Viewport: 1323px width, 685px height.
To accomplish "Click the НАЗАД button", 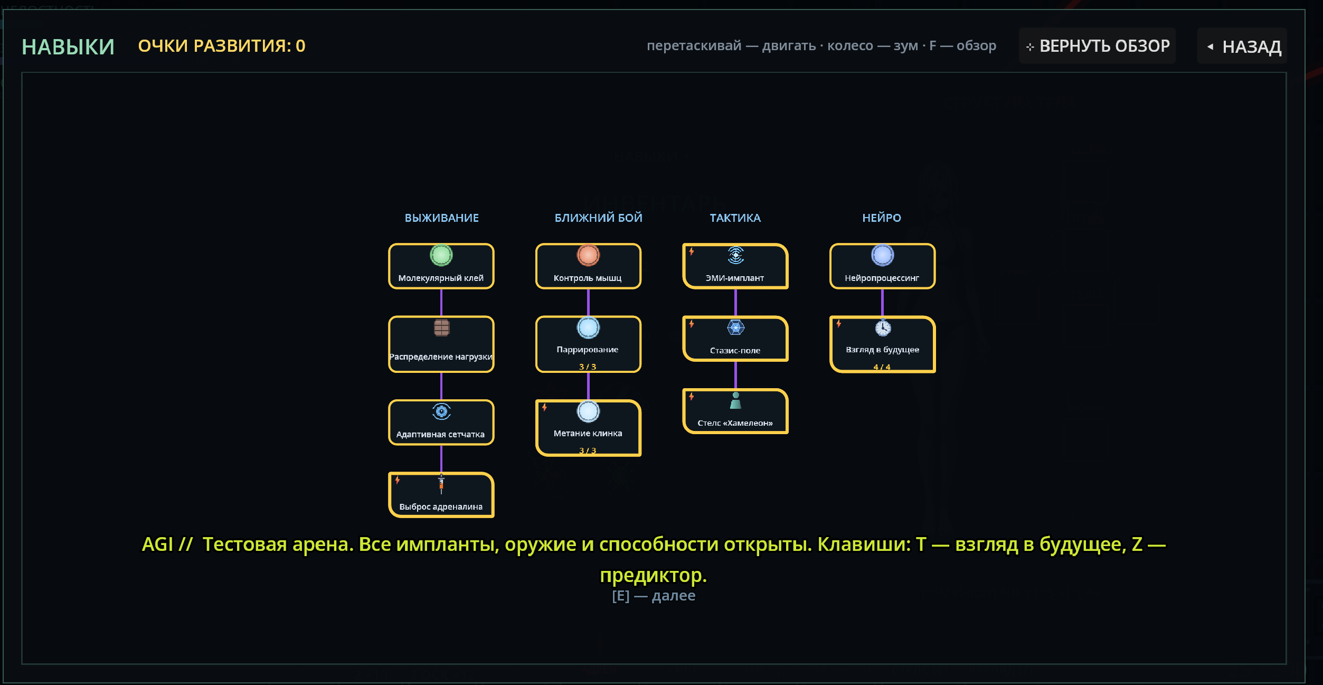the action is [1242, 46].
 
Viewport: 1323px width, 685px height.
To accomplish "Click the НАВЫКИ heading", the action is [68, 46].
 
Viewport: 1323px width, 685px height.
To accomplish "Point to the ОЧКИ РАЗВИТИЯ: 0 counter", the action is [222, 46].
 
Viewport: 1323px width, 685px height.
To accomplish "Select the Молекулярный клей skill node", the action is [441, 266].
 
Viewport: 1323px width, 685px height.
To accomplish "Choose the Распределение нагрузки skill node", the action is [441, 344].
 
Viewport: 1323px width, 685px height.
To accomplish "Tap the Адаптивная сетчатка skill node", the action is [441, 423].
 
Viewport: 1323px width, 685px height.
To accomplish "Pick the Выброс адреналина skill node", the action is [441, 495].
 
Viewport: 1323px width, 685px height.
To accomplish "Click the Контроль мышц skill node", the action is [588, 266].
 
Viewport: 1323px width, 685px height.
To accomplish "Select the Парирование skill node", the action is [588, 344].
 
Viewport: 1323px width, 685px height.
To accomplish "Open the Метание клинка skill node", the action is [588, 428].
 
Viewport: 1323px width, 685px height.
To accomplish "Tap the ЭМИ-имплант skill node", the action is [735, 266].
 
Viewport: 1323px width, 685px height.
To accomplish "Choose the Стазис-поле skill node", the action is [735, 339].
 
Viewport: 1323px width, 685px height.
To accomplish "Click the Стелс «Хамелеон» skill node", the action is [735, 411].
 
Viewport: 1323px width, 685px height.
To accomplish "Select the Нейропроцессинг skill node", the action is [883, 266].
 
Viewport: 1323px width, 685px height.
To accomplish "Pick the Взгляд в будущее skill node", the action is [883, 344].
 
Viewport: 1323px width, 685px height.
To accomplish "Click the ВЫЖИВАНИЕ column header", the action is [442, 218].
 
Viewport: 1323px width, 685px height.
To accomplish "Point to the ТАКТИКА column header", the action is [735, 218].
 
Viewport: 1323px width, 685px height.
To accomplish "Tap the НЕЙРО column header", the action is [882, 218].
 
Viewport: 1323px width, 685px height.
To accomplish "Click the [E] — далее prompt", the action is [654, 596].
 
